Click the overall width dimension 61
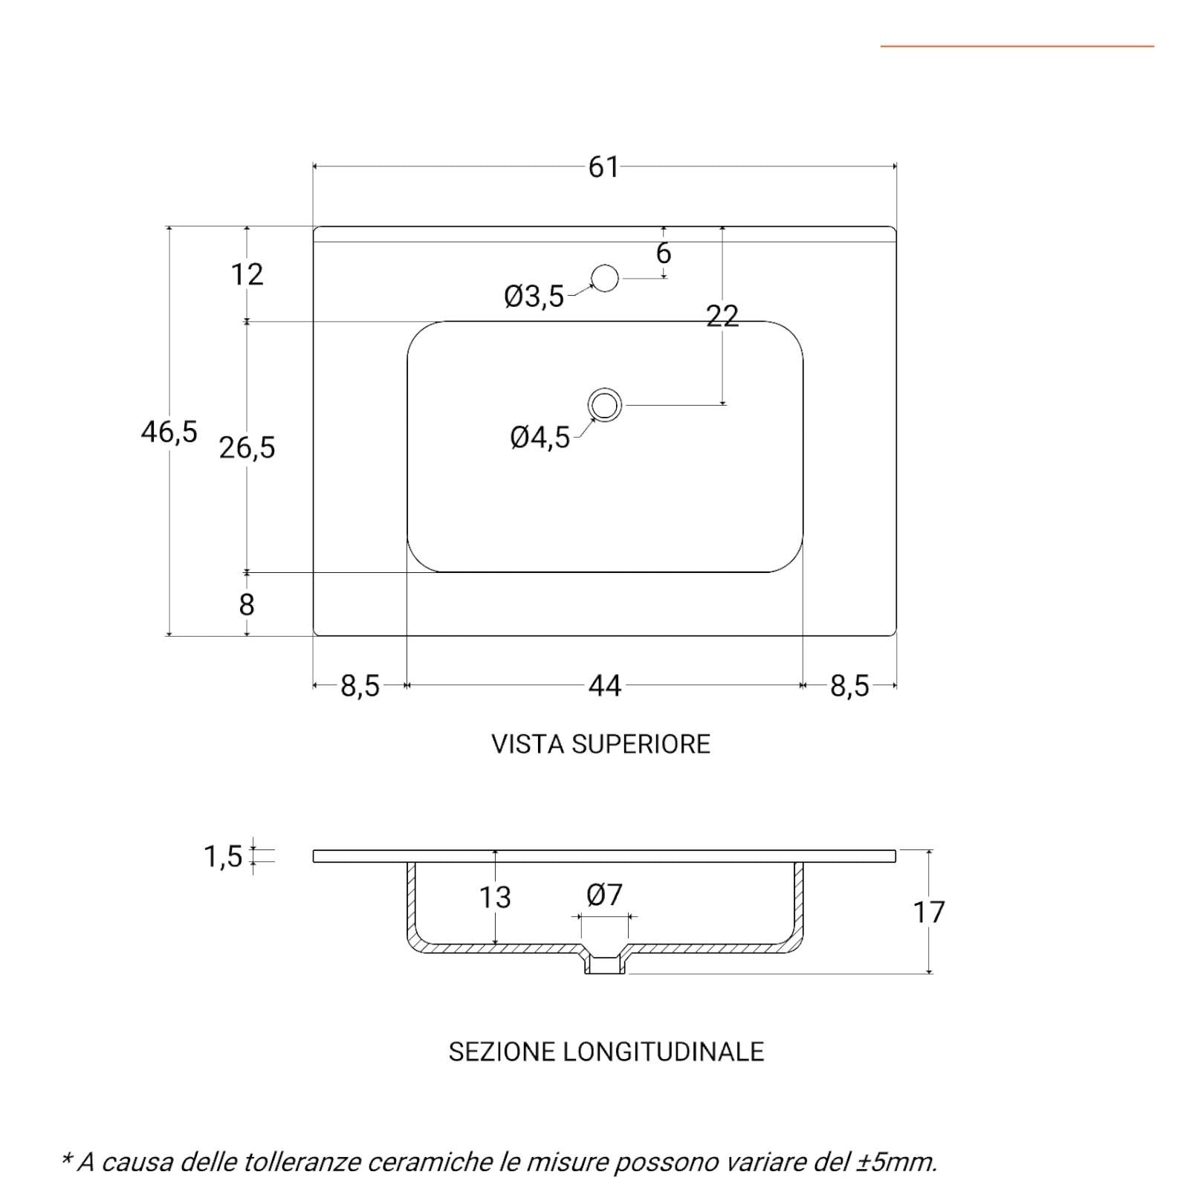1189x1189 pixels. tap(603, 167)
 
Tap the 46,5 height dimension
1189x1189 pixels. tap(169, 432)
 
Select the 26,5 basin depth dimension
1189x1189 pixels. tap(247, 448)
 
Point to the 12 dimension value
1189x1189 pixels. tap(247, 275)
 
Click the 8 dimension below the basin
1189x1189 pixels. tap(247, 605)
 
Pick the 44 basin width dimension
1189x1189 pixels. tap(604, 686)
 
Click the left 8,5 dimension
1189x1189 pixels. tap(360, 686)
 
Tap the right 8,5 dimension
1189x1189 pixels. tap(849, 686)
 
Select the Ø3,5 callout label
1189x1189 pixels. tap(534, 297)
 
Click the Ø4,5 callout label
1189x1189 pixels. tap(540, 438)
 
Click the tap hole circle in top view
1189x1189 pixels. tap(605, 278)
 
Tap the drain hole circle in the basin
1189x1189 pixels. tap(605, 406)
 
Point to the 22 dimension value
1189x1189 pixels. tap(722, 317)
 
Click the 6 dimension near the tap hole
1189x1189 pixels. tap(664, 253)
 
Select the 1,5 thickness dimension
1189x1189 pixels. tap(223, 857)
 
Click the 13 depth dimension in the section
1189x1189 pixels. tap(495, 898)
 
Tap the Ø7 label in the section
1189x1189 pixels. tap(604, 895)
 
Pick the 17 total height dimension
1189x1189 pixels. tap(929, 913)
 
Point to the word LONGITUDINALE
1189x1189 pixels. tap(664, 1052)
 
